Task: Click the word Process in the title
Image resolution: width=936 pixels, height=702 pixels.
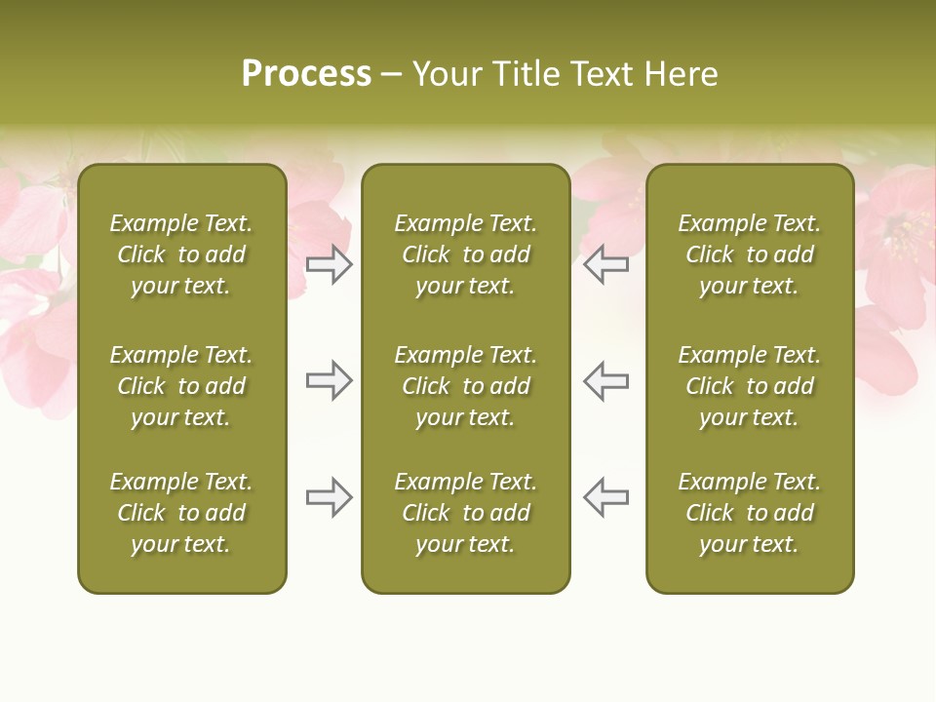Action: click(306, 74)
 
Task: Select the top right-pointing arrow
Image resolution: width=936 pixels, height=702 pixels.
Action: click(330, 264)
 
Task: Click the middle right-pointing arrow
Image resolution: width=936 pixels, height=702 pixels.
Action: click(330, 380)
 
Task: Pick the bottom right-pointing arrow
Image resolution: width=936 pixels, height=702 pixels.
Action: click(330, 497)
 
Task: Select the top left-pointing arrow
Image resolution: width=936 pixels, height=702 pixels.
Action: click(605, 264)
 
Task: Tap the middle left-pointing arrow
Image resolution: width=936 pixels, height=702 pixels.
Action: click(605, 380)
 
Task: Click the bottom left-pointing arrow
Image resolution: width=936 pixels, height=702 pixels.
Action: click(605, 497)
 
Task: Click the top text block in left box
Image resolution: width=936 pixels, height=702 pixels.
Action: click(181, 254)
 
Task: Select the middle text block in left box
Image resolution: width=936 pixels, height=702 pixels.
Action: click(181, 386)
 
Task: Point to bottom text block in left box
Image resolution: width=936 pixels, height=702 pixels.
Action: click(181, 513)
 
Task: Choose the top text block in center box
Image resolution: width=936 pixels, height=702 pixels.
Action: click(465, 254)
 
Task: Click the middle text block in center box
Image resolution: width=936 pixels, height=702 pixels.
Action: click(465, 386)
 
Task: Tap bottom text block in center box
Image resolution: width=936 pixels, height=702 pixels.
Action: click(465, 513)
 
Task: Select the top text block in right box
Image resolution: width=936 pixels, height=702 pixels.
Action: click(749, 254)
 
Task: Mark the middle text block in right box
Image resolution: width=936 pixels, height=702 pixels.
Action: click(749, 386)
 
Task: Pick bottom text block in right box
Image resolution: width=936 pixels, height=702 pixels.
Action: click(749, 513)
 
